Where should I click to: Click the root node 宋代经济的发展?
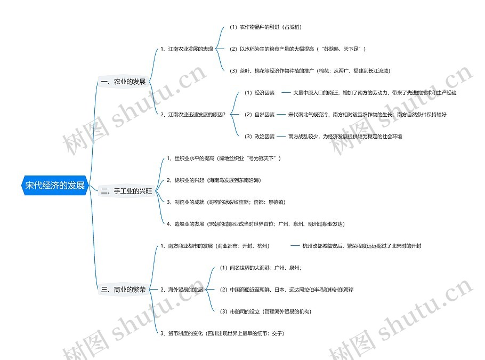click(x=55, y=186)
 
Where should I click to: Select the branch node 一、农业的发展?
click(x=123, y=82)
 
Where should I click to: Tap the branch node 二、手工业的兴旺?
click(x=127, y=190)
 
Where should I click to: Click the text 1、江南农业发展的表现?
click(x=187, y=49)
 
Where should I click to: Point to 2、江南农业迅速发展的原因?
click(x=193, y=114)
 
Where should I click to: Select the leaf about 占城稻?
click(x=265, y=27)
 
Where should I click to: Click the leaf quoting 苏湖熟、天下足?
click(x=297, y=49)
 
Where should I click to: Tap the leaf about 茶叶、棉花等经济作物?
click(x=310, y=70)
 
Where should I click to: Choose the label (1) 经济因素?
click(x=260, y=93)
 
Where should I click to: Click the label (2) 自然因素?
click(x=260, y=114)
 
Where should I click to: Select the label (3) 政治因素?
click(x=260, y=137)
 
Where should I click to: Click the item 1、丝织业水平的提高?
click(x=224, y=158)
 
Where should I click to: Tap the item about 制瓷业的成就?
click(x=226, y=202)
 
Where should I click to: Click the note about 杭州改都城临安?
click(x=362, y=246)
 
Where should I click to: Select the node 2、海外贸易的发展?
click(x=182, y=290)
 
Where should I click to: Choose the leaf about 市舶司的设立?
click(x=265, y=311)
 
